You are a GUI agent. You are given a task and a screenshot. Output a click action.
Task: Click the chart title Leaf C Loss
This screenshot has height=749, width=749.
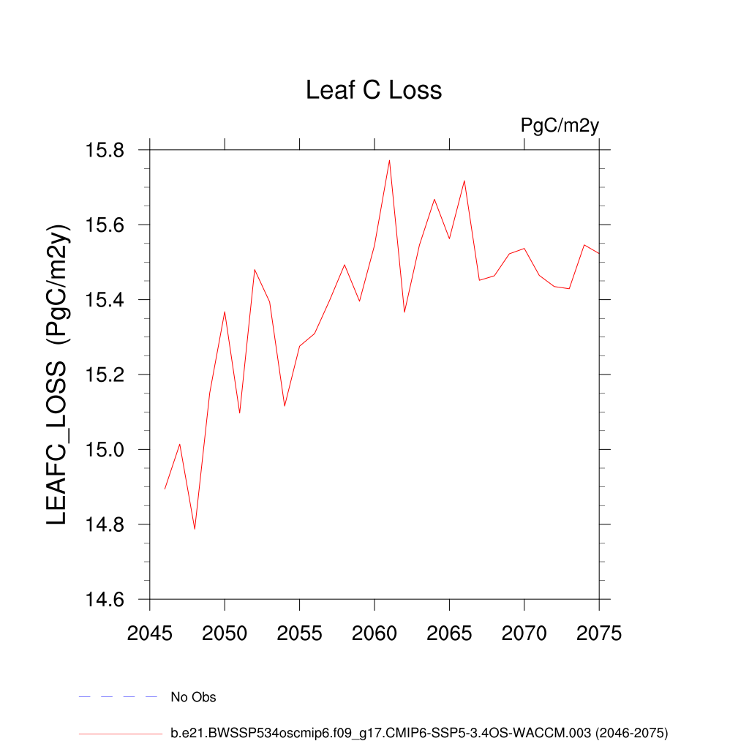[374, 90]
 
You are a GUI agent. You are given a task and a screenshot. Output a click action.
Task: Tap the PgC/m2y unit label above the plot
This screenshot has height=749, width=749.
[560, 125]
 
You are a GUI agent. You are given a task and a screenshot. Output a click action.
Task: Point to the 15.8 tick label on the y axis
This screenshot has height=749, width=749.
[106, 151]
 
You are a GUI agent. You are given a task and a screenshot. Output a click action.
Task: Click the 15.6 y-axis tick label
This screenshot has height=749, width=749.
[106, 225]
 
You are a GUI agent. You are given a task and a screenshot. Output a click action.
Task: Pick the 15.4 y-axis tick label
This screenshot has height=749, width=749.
[106, 300]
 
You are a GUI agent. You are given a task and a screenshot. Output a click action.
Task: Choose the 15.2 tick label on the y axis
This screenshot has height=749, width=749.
[106, 375]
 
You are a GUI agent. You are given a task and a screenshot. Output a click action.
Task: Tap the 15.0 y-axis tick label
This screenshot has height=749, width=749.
[106, 450]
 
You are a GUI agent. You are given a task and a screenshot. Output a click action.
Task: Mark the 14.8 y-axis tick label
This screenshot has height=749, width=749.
[106, 525]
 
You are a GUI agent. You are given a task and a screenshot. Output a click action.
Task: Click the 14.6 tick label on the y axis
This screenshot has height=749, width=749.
[106, 600]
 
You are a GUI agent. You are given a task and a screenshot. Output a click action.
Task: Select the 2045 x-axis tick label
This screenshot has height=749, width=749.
[150, 633]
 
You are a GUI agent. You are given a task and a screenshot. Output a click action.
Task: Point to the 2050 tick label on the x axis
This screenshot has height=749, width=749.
[225, 633]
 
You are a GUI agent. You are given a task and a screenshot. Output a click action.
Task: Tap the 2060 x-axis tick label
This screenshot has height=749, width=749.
[374, 633]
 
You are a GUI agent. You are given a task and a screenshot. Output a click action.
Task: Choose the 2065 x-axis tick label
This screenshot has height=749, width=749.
[449, 633]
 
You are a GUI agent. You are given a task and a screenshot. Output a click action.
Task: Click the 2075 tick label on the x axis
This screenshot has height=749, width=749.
[599, 633]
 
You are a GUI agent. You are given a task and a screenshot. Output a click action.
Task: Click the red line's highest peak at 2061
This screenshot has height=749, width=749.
[389, 160]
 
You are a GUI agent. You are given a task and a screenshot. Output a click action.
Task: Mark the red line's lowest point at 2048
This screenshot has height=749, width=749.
[195, 529]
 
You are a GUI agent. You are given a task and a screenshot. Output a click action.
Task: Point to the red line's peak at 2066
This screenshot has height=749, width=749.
[464, 181]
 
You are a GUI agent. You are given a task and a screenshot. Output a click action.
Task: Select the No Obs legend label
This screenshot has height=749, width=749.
[193, 697]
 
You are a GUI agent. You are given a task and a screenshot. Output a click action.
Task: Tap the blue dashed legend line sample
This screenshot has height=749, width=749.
[118, 697]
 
